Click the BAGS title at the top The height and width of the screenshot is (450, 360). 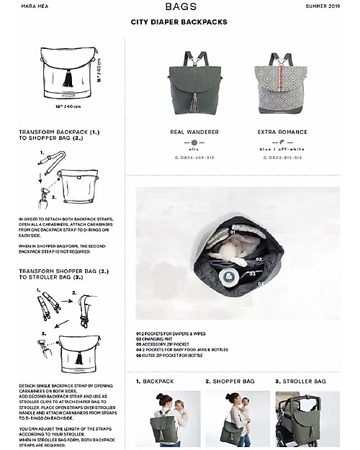pyautogui.click(x=179, y=7)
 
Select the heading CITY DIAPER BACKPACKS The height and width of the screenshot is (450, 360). pyautogui.click(x=179, y=22)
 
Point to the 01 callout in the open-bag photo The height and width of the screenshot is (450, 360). pyautogui.click(x=233, y=233)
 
